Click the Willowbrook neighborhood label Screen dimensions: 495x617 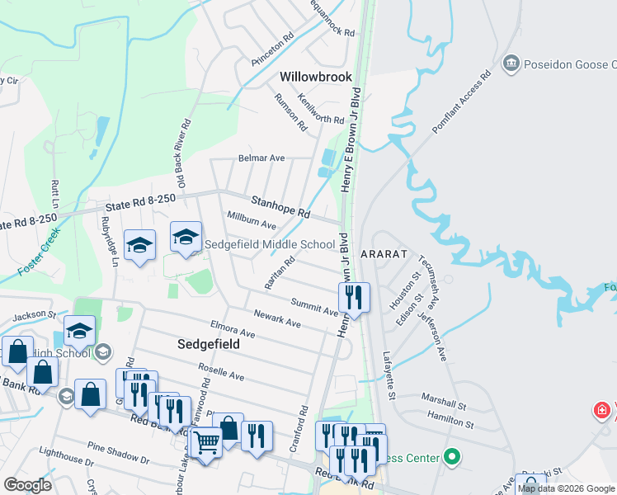316,77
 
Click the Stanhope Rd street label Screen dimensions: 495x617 280,206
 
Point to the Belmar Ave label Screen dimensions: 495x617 261,158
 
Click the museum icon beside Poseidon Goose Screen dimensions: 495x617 511,64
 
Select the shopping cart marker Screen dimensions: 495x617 205,443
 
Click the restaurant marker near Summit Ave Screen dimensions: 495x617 354,297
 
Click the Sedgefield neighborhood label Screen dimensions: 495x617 210,343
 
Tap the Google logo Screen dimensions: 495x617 27,485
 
